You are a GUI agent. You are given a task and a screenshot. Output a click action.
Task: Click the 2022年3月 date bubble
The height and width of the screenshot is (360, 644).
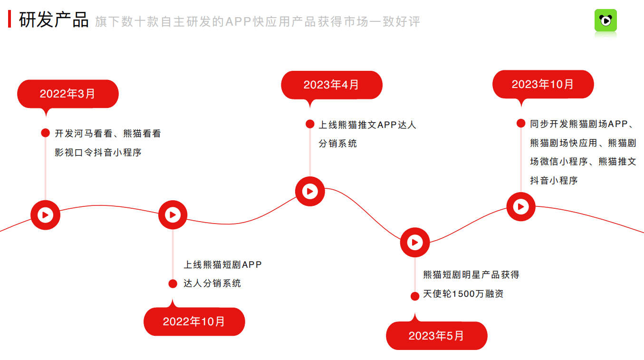pos(67,94)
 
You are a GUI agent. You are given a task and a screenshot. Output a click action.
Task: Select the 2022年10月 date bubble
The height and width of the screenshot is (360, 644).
pos(194,321)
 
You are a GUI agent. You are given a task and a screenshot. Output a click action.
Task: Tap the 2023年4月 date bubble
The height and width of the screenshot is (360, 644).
pos(331,85)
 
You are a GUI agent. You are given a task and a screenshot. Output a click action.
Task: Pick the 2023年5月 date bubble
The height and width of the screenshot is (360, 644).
pos(436,336)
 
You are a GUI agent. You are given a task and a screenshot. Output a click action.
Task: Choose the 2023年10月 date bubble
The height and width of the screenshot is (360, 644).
pos(543,84)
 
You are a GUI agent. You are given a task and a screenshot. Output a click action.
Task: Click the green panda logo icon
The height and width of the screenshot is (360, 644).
pos(606,20)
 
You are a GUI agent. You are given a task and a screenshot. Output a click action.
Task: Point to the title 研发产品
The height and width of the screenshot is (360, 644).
pos(54,20)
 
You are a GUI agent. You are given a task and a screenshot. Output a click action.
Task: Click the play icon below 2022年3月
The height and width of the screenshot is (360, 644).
pos(45,215)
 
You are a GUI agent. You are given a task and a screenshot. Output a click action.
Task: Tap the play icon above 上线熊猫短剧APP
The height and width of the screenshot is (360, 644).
pos(173,215)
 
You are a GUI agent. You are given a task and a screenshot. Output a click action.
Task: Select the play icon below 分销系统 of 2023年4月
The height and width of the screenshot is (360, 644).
pos(310,191)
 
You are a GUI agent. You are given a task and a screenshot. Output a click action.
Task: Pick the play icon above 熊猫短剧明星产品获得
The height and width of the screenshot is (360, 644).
pos(414,243)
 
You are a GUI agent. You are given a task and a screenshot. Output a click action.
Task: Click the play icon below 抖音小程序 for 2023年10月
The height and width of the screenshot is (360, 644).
pos(521,207)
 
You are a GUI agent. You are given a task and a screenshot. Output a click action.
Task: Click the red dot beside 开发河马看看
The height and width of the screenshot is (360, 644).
pos(45,133)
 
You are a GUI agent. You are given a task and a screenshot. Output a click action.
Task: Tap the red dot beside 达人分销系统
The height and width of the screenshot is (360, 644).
pos(173,283)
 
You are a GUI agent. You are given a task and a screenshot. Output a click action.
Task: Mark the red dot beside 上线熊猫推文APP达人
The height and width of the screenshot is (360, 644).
pos(310,124)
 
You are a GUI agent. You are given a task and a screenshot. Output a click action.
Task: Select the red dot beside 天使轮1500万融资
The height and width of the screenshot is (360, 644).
pos(414,296)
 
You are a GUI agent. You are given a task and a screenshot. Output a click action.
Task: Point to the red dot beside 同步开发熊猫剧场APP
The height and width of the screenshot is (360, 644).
pos(521,124)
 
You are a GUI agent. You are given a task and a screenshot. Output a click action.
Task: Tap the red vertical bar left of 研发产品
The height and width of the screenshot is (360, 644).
pos(10,19)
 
